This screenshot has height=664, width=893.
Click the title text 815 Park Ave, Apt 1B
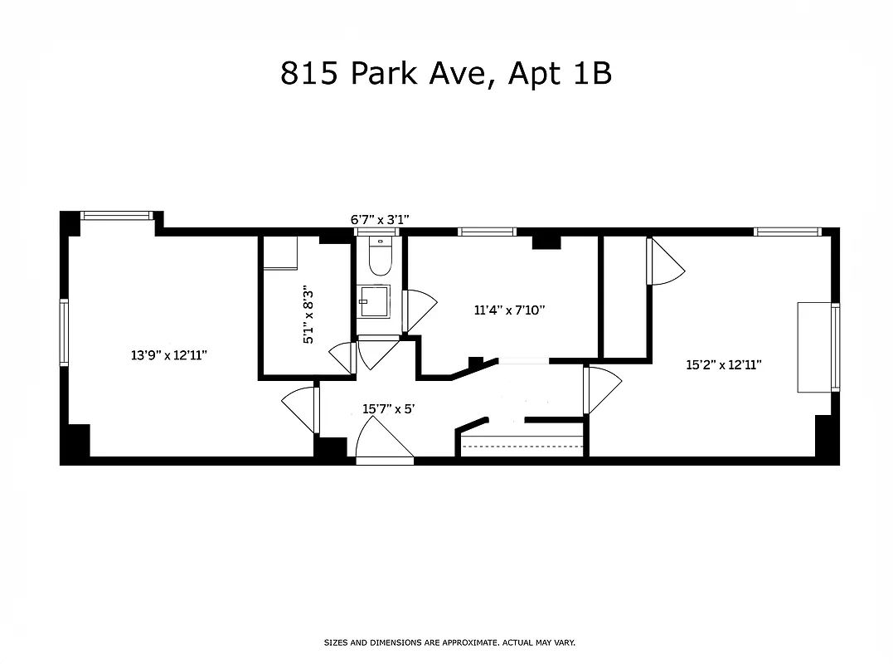(446, 74)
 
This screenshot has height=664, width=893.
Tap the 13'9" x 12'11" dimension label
(168, 355)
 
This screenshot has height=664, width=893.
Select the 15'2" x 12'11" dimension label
(724, 364)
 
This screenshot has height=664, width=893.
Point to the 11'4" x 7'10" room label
(509, 310)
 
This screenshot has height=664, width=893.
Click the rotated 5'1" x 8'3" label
(308, 315)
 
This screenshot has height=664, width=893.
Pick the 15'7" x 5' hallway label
(394, 408)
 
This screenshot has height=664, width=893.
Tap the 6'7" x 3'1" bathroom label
(381, 220)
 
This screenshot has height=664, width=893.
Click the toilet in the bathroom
(380, 258)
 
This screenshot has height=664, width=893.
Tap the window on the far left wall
(64, 332)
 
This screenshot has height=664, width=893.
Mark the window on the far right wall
(835, 347)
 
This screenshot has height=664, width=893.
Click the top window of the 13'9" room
(117, 216)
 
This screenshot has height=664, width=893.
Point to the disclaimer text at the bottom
(449, 642)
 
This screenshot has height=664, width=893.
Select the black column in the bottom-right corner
(827, 437)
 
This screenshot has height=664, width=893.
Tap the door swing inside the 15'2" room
(665, 261)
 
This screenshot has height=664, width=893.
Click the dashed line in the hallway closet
(522, 447)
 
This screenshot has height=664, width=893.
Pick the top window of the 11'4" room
(487, 232)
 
